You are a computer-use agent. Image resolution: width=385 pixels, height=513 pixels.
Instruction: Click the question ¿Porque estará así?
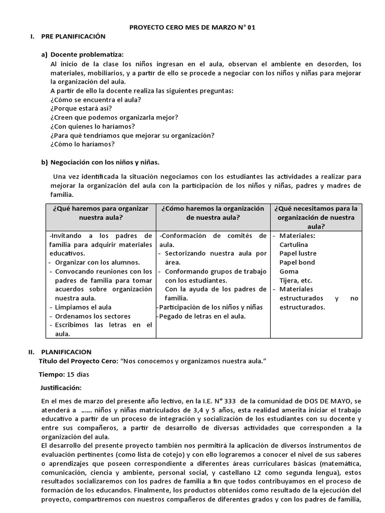tap(81, 108)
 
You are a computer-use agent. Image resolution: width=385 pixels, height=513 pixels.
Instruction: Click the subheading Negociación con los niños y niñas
tap(105, 162)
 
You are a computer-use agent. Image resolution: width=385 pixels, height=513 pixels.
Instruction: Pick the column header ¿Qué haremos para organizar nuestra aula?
tap(100, 213)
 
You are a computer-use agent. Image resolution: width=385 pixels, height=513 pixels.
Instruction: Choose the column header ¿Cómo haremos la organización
tap(213, 213)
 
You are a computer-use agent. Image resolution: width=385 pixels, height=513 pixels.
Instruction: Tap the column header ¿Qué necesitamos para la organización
tap(316, 217)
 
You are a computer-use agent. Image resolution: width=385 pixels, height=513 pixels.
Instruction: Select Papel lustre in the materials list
tap(298, 253)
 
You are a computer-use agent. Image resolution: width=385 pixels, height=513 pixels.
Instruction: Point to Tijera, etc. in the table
tap(296, 280)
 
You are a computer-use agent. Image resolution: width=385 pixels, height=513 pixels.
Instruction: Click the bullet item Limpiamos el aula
tap(83, 307)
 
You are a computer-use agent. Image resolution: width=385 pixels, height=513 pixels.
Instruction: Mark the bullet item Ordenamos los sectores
tap(93, 316)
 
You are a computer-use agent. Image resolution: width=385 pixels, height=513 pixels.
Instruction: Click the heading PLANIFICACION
tap(66, 352)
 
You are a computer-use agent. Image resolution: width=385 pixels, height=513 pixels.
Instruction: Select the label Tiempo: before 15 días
tap(52, 374)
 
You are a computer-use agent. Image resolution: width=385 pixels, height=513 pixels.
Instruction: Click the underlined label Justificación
tap(61, 387)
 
